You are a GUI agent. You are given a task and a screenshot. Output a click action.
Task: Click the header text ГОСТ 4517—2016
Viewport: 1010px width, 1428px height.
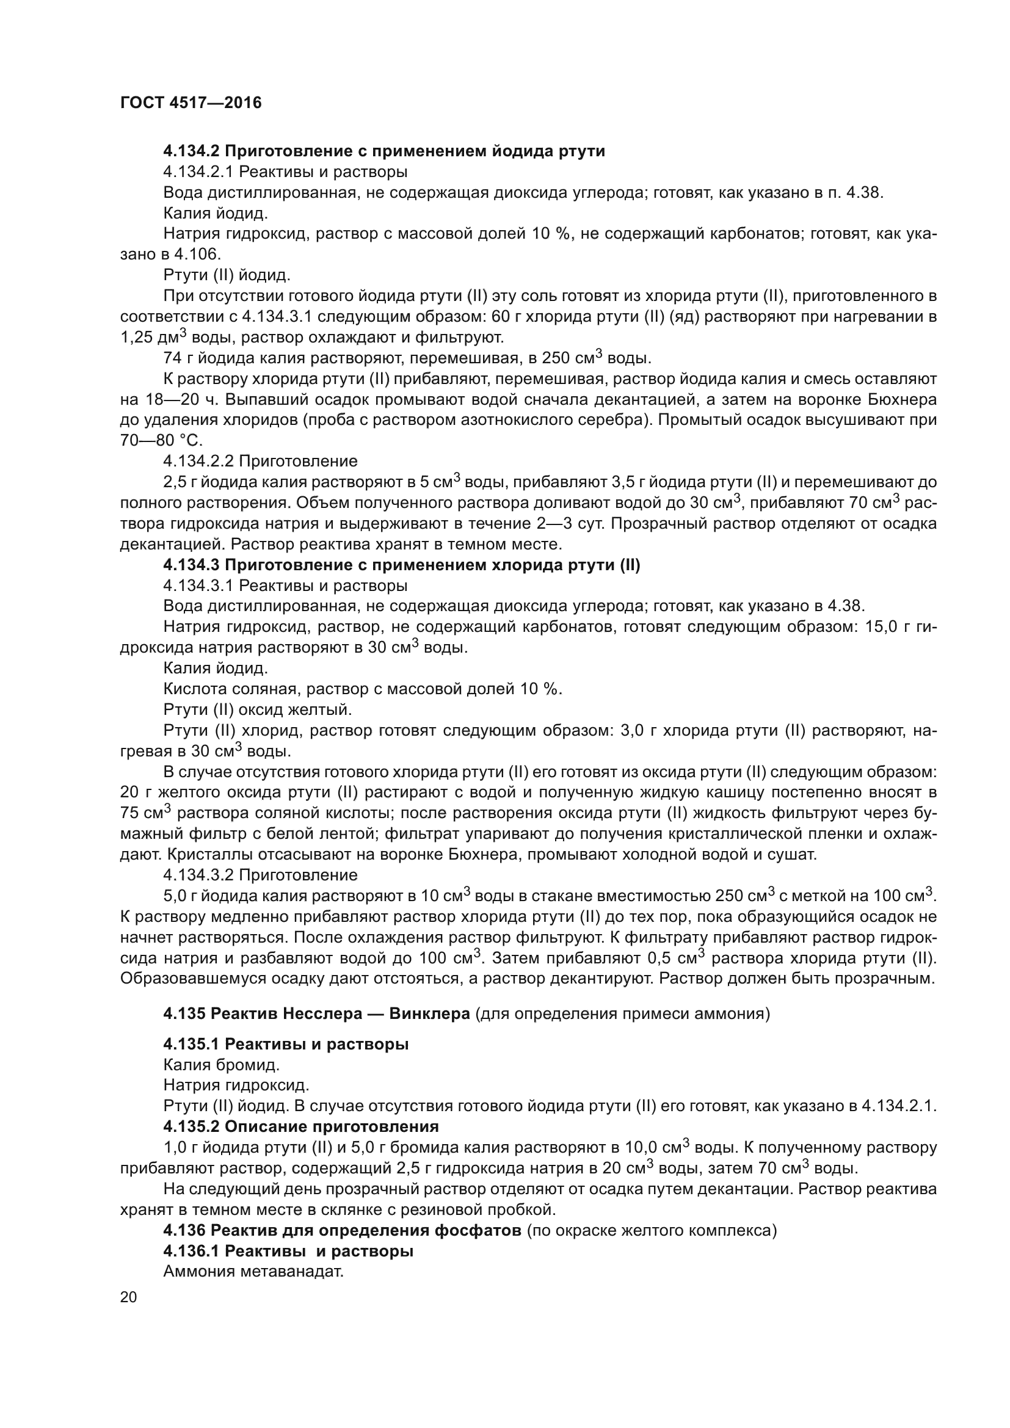[x=191, y=103]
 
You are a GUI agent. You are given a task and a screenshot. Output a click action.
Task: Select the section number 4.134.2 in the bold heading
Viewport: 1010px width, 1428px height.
[x=192, y=151]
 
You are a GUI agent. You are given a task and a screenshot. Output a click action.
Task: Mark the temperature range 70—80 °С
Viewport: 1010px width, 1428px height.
[x=162, y=441]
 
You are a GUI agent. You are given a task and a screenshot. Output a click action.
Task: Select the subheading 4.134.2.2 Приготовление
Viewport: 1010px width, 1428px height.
[x=260, y=462]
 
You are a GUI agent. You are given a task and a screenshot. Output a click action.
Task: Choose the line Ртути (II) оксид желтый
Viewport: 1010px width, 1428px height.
[x=258, y=709]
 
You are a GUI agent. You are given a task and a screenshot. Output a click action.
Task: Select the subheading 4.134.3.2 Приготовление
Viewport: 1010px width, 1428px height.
[x=260, y=875]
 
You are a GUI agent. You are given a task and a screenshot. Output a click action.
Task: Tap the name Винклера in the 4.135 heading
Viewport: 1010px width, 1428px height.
[x=429, y=1014]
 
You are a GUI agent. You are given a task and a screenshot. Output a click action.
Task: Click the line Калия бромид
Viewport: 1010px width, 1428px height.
[x=222, y=1065]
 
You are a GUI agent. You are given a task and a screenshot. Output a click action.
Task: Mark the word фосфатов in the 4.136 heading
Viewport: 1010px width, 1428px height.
[x=479, y=1230]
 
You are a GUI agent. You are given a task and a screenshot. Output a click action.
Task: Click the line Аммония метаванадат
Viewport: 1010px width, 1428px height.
[x=253, y=1271]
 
